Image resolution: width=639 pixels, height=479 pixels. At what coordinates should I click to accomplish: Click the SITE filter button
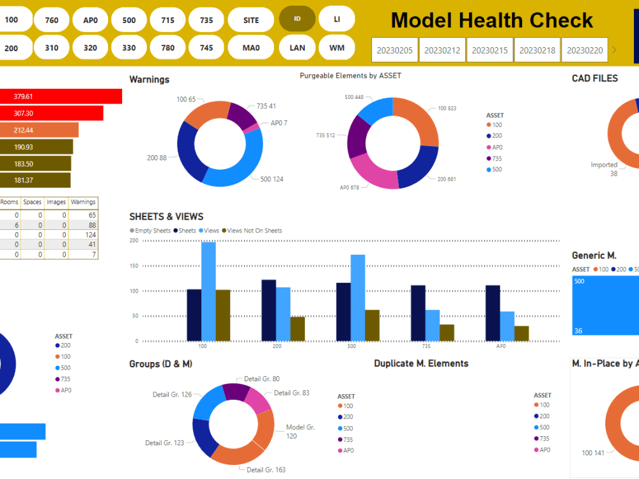pos(251,20)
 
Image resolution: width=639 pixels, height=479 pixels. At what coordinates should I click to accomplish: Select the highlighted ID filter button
pos(297,19)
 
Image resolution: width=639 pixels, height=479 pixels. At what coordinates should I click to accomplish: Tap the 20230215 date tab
pos(490,50)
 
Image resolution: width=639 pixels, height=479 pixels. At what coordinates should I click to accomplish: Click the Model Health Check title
pos(491,20)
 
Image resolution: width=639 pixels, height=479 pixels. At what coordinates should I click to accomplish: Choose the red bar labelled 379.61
pos(61,96)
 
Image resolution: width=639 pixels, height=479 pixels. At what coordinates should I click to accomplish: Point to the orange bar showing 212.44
pos(39,130)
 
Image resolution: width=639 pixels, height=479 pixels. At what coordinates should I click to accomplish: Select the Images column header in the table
pos(56,202)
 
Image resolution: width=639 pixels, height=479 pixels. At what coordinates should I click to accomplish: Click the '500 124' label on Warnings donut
pos(272,179)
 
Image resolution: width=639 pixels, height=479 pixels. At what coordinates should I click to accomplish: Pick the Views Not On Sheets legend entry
pos(254,231)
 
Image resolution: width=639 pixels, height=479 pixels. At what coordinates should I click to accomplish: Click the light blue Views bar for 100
pos(208,291)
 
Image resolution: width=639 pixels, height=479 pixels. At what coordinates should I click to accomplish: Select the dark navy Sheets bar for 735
pos(418,313)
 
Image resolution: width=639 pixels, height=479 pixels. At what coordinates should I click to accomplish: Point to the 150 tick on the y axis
pos(134,266)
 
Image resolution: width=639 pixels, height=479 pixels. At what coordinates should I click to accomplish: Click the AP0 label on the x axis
pos(501,346)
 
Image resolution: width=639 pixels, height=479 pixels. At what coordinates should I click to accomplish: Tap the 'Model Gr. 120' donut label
pos(300,432)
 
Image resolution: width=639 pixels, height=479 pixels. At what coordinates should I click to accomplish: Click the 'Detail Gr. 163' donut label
pos(266,470)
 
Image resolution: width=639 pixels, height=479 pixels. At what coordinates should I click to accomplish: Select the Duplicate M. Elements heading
pos(421,363)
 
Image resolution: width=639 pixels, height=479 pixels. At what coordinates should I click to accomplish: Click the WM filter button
pos(337,47)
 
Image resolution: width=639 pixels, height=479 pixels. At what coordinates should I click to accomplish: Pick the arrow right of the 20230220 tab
pos(615,50)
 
